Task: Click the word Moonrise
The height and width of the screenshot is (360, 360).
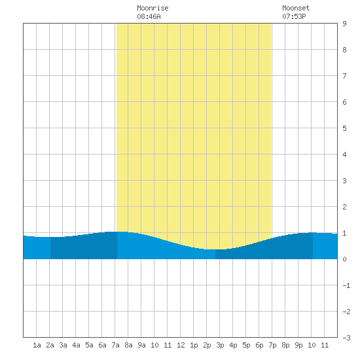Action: coord(153,8)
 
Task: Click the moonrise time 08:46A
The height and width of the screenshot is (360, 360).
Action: coord(149,16)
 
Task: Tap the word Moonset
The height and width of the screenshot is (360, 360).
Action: coord(296,8)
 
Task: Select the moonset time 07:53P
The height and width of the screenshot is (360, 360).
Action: coord(294,16)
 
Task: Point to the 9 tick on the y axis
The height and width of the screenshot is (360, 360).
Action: coord(344,24)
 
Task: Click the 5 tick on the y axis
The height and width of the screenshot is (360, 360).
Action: coord(344,128)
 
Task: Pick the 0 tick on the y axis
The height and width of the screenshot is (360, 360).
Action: coord(344,259)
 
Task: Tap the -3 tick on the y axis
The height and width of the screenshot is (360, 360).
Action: coord(346,338)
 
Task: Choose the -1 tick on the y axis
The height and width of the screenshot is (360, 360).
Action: coord(346,285)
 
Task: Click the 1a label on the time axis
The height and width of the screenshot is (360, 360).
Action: coord(37,345)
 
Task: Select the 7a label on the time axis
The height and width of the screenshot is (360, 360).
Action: coord(115,345)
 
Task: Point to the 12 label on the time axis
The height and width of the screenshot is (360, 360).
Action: coord(181,345)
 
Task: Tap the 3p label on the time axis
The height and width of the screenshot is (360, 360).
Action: coord(220,345)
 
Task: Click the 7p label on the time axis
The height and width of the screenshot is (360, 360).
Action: coord(272,345)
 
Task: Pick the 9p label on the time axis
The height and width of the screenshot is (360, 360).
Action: coord(298,345)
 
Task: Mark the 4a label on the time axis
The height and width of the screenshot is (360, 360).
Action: coord(76,345)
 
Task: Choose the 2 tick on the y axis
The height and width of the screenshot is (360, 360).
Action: coord(344,207)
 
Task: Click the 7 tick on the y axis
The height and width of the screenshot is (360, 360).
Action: coord(344,76)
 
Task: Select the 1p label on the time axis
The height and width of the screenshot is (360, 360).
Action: coord(194,345)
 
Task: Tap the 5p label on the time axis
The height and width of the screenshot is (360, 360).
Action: coord(246,345)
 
